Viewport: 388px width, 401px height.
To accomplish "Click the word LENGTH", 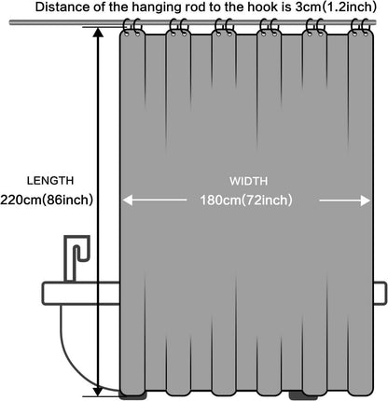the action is pyautogui.click(x=50, y=181).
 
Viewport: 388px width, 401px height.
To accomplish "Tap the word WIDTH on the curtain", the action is pyautogui.click(x=249, y=181).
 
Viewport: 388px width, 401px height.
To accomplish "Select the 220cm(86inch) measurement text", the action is pyautogui.click(x=47, y=200).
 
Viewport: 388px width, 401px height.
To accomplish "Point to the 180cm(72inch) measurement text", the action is pyautogui.click(x=246, y=200).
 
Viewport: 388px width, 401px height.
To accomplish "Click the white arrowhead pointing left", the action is pyautogui.click(x=128, y=200).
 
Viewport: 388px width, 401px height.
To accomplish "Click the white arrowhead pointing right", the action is pyautogui.click(x=366, y=200).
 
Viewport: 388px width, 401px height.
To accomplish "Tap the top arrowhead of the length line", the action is pyautogui.click(x=98, y=33).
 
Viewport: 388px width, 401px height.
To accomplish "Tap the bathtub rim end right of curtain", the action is pyautogui.click(x=380, y=293).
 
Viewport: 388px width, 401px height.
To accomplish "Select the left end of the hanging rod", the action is pyautogui.click(x=10, y=22).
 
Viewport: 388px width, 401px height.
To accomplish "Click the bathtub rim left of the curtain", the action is pyautogui.click(x=81, y=293).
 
